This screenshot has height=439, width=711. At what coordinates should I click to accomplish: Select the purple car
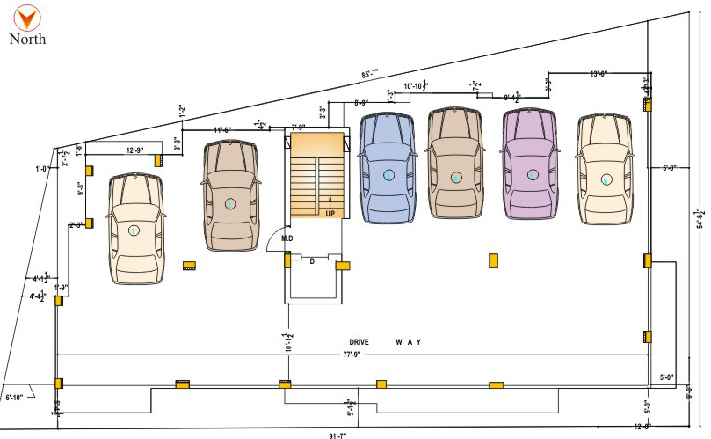[x=532, y=167]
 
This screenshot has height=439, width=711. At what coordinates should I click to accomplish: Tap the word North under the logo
[x=27, y=39]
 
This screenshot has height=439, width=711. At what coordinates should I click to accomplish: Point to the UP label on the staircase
[x=330, y=214]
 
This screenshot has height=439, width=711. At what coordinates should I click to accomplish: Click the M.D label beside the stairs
[x=287, y=238]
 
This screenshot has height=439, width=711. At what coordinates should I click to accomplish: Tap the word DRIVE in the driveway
[x=361, y=341]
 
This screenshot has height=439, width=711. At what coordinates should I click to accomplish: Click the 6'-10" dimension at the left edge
[x=17, y=398]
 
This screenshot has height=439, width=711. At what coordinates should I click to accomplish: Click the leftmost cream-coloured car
[x=134, y=229]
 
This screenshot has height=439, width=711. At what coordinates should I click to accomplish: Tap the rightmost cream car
[x=606, y=167]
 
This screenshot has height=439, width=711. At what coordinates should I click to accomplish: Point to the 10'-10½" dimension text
[x=415, y=86]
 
